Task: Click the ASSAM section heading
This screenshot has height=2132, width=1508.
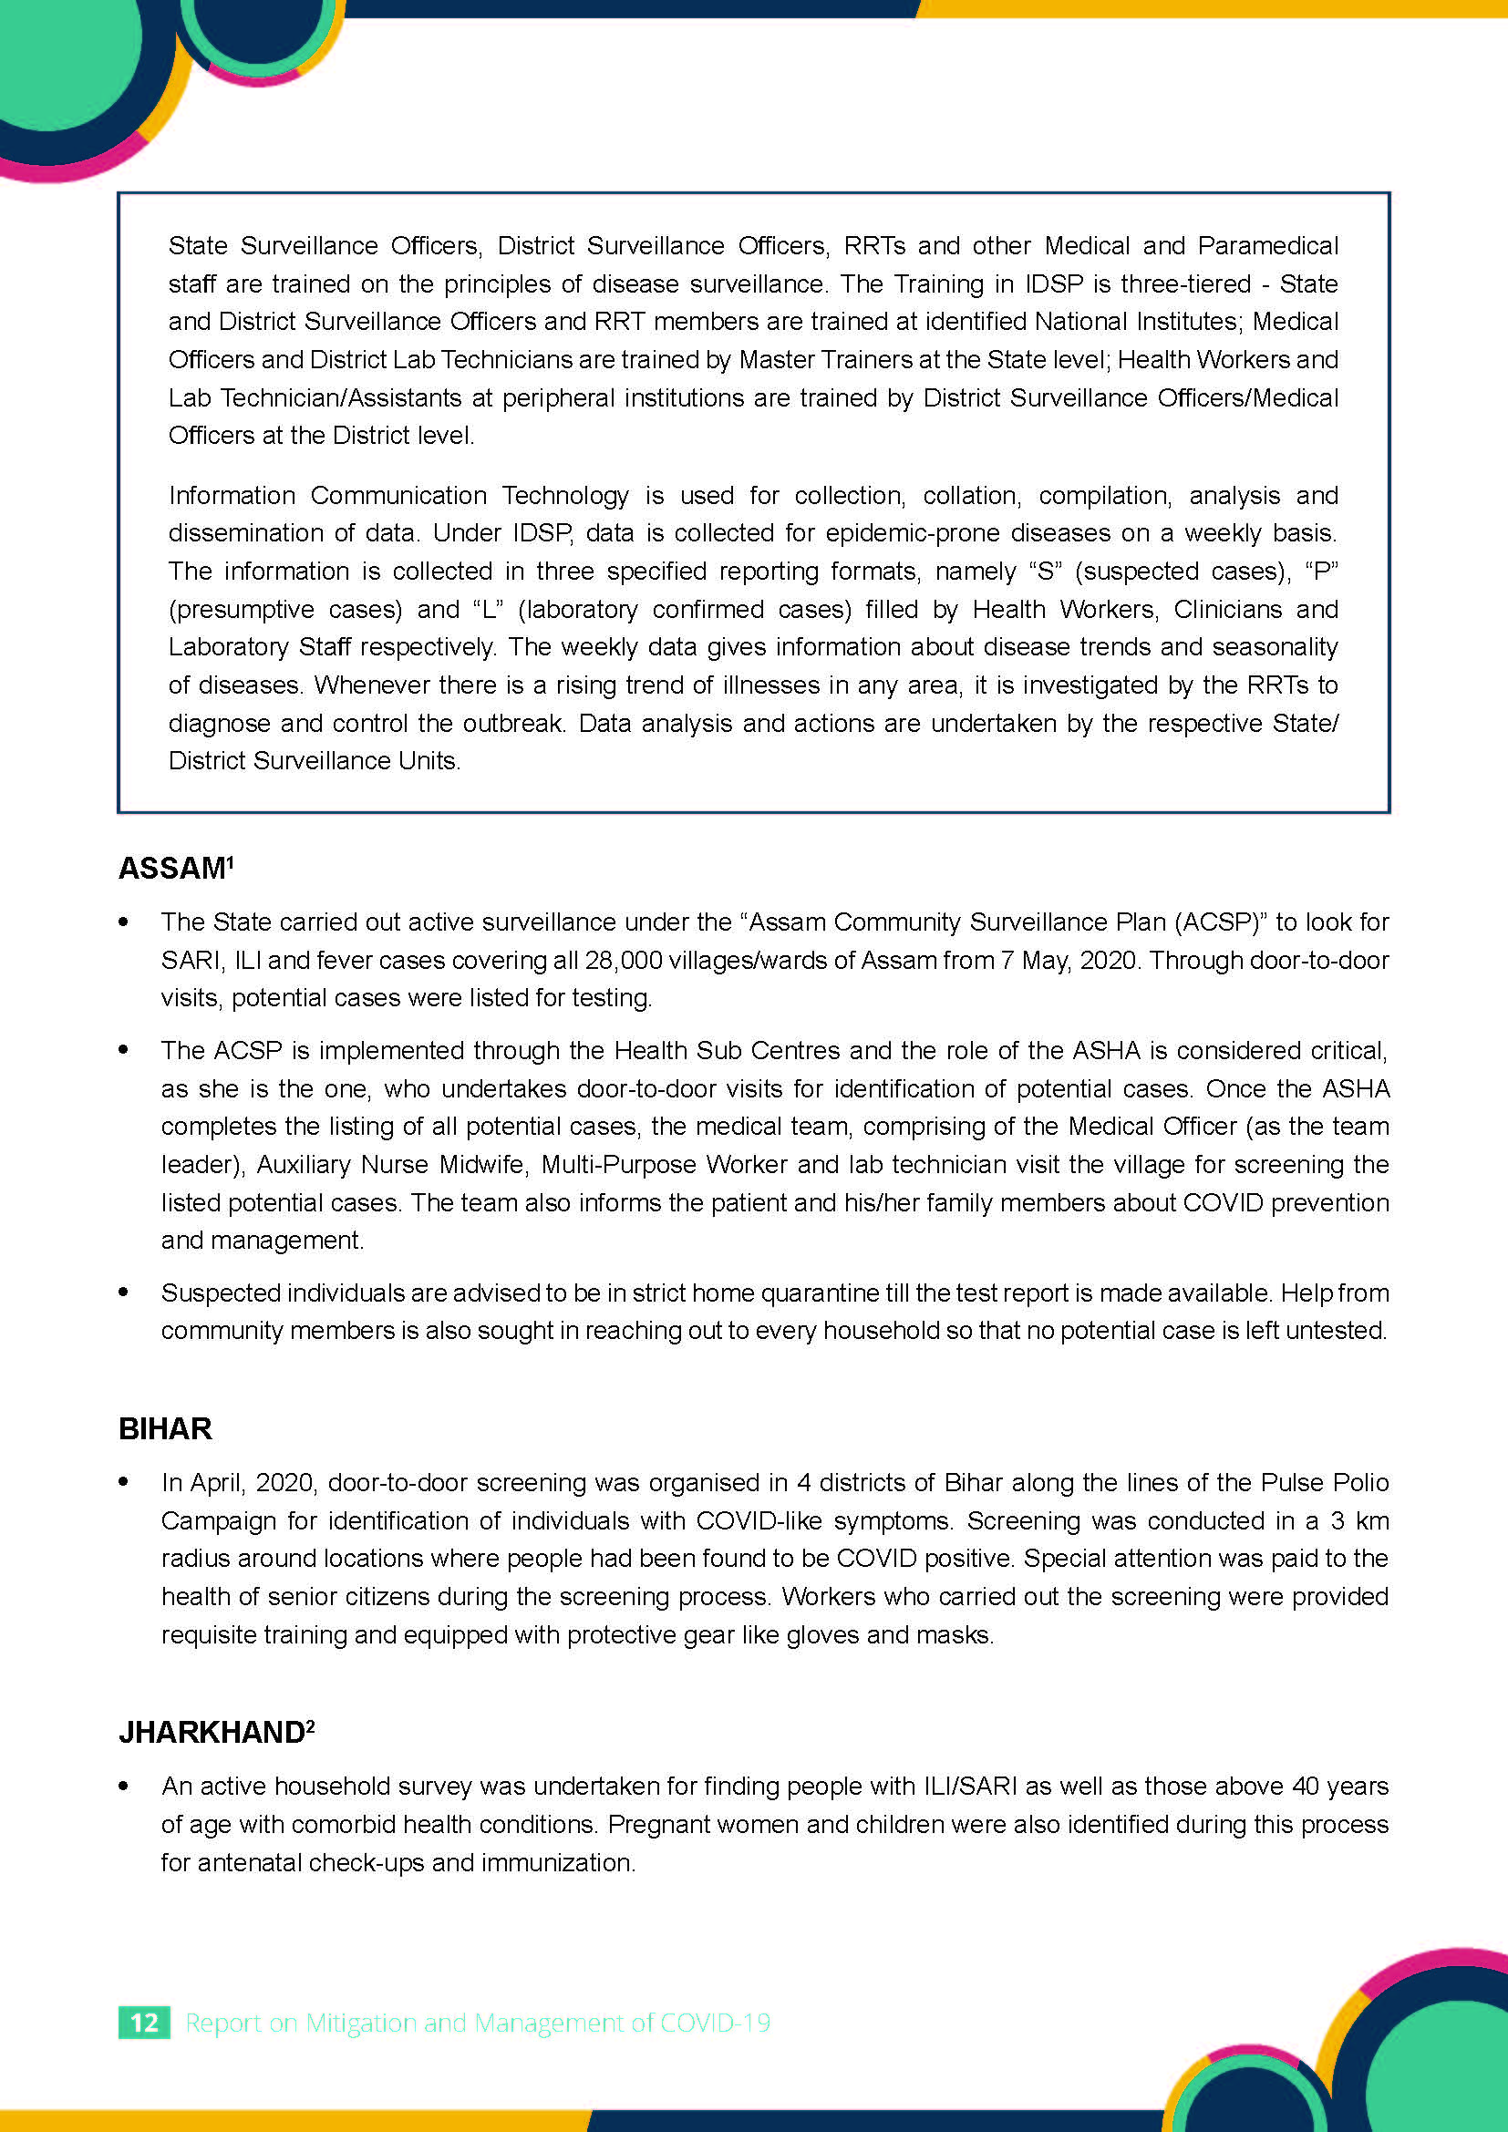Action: (x=171, y=869)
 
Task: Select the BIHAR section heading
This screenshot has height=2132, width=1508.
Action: (x=165, y=1428)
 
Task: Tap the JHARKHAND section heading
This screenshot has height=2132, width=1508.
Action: (x=212, y=1732)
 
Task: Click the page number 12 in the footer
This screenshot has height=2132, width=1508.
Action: (x=144, y=2023)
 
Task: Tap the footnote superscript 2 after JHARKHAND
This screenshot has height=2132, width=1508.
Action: (x=311, y=1725)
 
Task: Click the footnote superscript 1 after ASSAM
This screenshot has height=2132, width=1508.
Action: (x=231, y=861)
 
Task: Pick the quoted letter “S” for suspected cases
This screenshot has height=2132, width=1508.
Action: (x=1045, y=572)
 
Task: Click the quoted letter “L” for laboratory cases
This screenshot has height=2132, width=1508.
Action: (x=488, y=609)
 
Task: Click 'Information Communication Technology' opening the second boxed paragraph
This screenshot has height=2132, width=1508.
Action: (x=398, y=495)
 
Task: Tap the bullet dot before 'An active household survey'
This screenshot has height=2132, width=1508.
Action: (x=123, y=1786)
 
